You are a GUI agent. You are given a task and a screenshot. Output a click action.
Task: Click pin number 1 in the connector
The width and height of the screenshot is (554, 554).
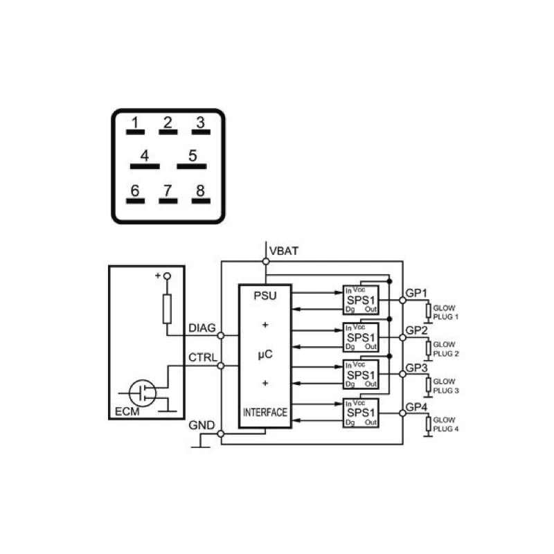click(x=134, y=123)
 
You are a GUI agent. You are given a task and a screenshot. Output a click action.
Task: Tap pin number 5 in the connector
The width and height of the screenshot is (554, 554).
click(x=193, y=155)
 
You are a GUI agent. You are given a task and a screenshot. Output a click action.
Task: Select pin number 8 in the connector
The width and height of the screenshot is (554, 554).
click(x=200, y=190)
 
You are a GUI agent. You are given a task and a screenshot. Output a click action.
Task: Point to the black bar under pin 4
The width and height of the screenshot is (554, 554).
click(x=145, y=166)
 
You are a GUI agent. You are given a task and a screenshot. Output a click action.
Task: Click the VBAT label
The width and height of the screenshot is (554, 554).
click(x=284, y=251)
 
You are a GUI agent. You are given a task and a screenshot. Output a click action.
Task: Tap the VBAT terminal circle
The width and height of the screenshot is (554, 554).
click(x=266, y=262)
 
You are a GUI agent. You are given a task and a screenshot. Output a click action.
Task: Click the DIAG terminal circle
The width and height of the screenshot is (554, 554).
click(x=221, y=335)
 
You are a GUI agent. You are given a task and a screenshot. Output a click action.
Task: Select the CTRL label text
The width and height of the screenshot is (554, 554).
click(x=203, y=357)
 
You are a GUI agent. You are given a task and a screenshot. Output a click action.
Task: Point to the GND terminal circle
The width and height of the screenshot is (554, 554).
click(x=221, y=434)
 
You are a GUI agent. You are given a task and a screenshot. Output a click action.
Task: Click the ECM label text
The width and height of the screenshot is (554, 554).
click(x=127, y=411)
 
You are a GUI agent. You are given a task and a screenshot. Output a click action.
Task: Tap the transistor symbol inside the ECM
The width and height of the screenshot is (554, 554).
click(x=143, y=393)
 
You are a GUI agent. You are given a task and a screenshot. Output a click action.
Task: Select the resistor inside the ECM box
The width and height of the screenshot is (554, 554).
click(x=167, y=309)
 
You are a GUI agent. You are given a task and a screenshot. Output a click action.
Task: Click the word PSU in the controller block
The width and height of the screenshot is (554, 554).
click(x=265, y=296)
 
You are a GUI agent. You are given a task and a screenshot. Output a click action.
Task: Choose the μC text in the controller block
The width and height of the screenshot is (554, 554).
click(x=265, y=354)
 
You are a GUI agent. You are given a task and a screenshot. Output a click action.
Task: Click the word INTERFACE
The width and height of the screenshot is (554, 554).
click(x=265, y=412)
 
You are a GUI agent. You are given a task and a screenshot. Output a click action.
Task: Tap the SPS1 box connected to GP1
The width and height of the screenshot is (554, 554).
click(x=361, y=301)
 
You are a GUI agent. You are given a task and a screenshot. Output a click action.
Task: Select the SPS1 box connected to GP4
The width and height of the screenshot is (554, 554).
click(x=361, y=413)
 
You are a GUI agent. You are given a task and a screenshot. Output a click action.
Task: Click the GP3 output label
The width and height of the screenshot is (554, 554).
click(x=417, y=368)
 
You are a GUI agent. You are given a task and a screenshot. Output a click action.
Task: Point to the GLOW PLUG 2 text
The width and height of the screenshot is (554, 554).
click(x=446, y=349)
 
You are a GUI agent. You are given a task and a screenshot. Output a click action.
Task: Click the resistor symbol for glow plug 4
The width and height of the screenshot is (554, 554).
click(x=428, y=424)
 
